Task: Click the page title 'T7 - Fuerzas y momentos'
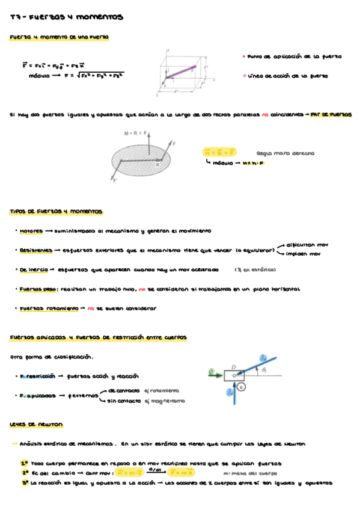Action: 66,18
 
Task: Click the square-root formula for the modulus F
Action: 96,75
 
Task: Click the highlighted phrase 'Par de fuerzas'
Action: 332,115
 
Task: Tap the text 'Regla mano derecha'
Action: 285,153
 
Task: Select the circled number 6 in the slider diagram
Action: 241,389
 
